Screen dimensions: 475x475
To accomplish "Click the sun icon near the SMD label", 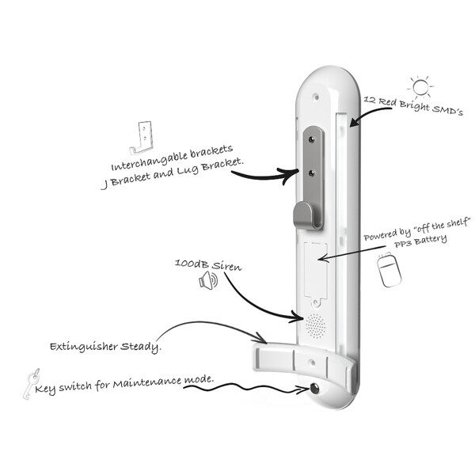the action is (420, 87).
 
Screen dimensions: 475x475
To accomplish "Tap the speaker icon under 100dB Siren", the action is (208, 280).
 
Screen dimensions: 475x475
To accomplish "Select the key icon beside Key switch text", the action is (31, 384).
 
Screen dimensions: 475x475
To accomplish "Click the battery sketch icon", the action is (389, 269).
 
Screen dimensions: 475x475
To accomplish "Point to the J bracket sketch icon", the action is (141, 138).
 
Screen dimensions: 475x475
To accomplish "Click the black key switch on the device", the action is (315, 388).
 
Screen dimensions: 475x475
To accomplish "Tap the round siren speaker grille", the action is (316, 326).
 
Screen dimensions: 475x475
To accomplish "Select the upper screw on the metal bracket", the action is (311, 139).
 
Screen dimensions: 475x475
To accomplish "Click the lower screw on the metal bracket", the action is (311, 173).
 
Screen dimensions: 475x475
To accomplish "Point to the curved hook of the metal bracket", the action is (304, 215).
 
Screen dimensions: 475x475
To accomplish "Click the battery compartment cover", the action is (316, 271).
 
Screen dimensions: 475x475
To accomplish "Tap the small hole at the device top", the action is (316, 97).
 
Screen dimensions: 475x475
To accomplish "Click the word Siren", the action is (226, 266).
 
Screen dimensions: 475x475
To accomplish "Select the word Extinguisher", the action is (84, 347).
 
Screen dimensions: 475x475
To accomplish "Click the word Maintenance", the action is (147, 383).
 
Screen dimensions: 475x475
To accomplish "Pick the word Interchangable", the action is (150, 161).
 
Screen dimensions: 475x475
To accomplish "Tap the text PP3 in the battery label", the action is (403, 244).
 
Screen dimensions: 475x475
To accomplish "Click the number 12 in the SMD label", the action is (370, 100).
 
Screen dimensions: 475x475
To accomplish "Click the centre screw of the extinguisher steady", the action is (312, 363).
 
